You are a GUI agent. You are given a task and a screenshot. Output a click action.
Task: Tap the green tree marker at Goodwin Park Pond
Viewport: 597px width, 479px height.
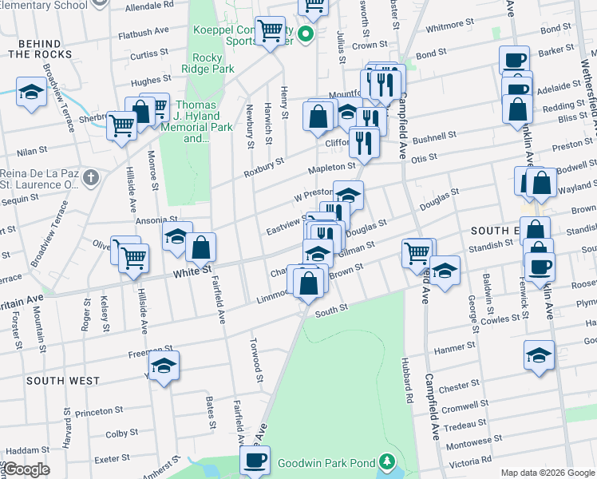(x=386, y=462)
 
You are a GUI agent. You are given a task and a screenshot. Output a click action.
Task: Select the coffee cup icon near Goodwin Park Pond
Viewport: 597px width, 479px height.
(x=255, y=460)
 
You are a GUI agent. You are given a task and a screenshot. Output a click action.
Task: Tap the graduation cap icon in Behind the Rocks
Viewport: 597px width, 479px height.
(x=30, y=92)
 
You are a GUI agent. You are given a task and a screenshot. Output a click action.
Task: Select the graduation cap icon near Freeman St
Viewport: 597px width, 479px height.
(x=164, y=366)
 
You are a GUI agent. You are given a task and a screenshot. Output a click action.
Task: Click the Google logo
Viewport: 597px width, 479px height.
(x=26, y=470)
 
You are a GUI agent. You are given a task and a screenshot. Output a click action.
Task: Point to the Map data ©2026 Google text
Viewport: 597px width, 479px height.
(x=548, y=473)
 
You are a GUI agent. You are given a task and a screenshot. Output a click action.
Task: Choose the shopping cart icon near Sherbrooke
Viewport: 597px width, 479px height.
(x=121, y=125)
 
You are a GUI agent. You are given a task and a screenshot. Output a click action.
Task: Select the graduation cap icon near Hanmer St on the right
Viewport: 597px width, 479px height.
(x=539, y=354)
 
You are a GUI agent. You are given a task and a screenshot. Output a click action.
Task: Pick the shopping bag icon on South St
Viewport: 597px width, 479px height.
(x=308, y=282)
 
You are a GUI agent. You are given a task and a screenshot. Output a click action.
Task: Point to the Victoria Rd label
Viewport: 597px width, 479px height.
(x=469, y=463)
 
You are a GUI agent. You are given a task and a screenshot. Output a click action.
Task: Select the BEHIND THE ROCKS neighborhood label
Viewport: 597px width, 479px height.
(x=41, y=47)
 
